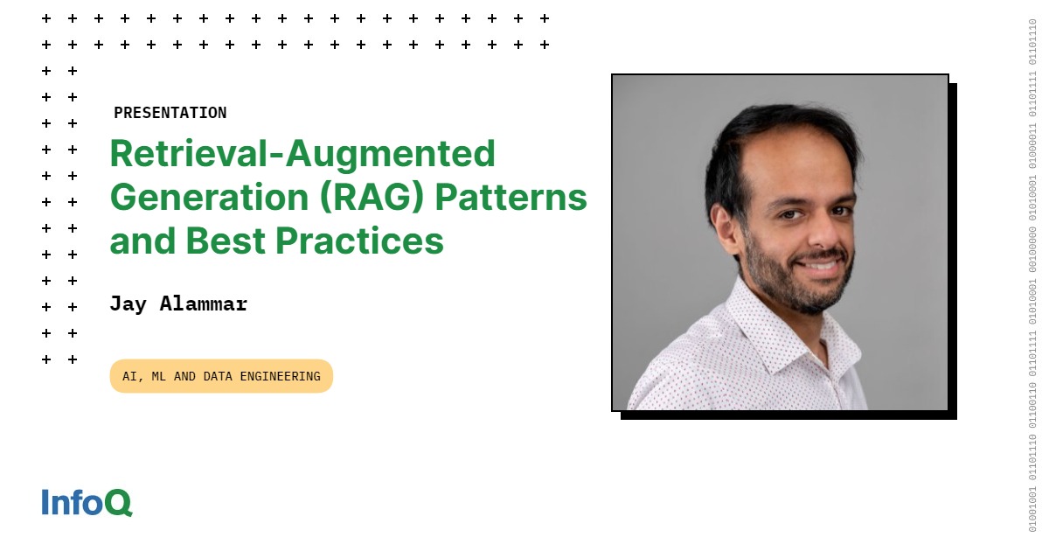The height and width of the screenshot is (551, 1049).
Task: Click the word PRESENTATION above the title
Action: pos(170,113)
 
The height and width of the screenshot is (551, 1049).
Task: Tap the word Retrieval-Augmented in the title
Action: pos(302,154)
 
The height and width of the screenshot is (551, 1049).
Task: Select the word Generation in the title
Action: pos(209,198)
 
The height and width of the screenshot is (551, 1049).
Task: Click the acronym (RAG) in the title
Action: pos(372,198)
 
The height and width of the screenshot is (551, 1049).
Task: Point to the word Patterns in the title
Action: pos(511,198)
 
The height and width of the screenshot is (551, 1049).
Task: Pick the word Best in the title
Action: pos(226,241)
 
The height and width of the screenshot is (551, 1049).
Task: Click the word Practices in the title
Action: pos(359,241)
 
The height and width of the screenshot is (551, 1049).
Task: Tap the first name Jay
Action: pos(129,304)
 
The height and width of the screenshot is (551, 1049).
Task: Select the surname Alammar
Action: pos(204,304)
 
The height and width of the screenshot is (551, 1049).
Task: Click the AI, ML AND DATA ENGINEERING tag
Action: pos(221,376)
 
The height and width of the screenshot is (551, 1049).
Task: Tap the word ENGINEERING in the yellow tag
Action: pos(280,376)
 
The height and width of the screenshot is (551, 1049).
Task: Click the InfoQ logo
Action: pos(87,503)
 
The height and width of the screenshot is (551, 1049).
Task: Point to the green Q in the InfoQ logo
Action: pos(119,503)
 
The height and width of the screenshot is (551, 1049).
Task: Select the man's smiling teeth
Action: pos(821,266)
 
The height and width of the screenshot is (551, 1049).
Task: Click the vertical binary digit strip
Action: pos(1032,275)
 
